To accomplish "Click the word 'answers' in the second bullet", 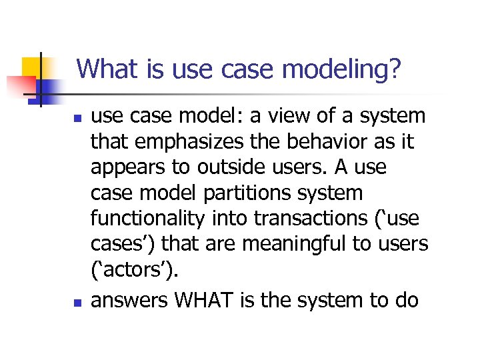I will [129, 301].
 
